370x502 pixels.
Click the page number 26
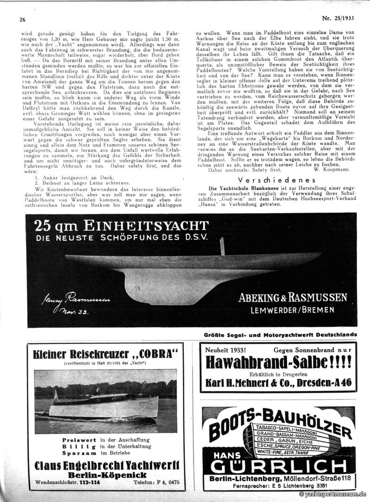pos(22,19)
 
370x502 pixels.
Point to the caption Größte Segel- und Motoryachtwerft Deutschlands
pos(281,334)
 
